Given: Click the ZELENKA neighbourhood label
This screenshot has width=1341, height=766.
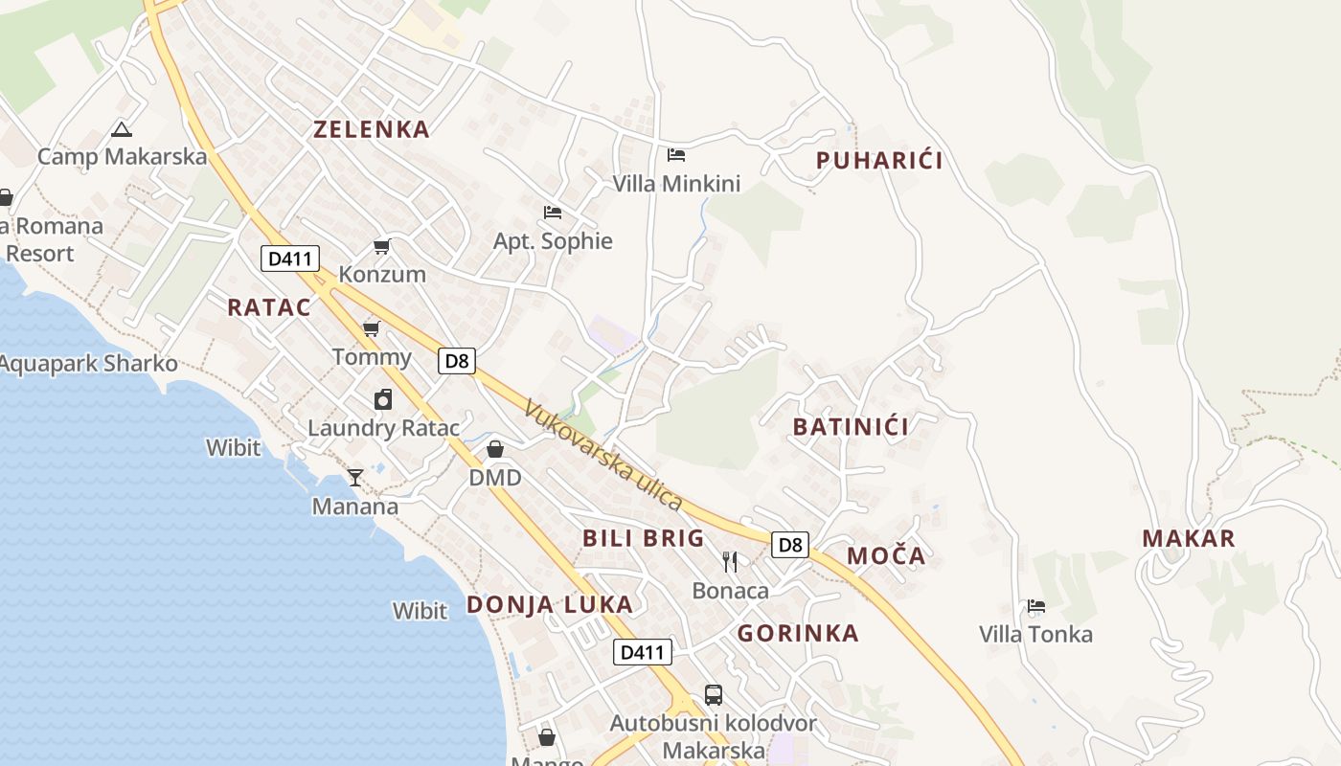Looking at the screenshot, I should pyautogui.click(x=372, y=130).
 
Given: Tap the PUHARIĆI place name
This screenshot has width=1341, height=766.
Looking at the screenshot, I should pyautogui.click(x=879, y=161).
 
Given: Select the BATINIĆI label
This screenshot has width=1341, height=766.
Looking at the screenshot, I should pyautogui.click(x=851, y=427).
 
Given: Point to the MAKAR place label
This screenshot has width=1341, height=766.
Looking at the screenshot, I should pyautogui.click(x=1189, y=539).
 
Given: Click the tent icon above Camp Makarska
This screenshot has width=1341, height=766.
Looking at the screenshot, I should pyautogui.click(x=121, y=129).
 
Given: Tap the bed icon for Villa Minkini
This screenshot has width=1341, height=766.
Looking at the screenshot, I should pyautogui.click(x=676, y=155).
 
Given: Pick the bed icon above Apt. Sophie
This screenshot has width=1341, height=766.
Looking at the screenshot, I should pyautogui.click(x=552, y=213).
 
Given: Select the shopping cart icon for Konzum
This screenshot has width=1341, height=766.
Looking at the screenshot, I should pyautogui.click(x=381, y=247).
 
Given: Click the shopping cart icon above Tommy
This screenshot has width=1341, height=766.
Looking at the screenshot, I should pyautogui.click(x=371, y=329).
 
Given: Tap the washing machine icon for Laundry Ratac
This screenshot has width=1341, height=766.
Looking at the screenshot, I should pyautogui.click(x=383, y=400).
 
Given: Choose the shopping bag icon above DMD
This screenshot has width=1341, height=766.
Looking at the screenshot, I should pyautogui.click(x=495, y=449).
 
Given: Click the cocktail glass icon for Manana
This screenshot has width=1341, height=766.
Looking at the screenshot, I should pyautogui.click(x=355, y=477).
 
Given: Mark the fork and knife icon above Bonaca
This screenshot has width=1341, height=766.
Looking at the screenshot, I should pyautogui.click(x=730, y=562).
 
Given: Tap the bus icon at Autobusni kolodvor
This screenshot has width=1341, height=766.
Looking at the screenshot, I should pyautogui.click(x=713, y=695).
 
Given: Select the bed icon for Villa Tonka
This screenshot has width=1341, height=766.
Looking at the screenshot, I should pyautogui.click(x=1035, y=606).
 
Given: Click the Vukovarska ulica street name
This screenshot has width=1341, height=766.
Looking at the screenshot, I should pyautogui.click(x=603, y=455).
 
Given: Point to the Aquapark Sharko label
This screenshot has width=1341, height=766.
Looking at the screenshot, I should pyautogui.click(x=88, y=364).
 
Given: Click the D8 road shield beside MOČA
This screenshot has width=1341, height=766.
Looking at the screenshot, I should pyautogui.click(x=790, y=545).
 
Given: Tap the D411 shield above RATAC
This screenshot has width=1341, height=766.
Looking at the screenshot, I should pyautogui.click(x=289, y=259).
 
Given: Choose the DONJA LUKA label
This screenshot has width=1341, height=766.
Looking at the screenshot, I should pyautogui.click(x=550, y=605).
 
